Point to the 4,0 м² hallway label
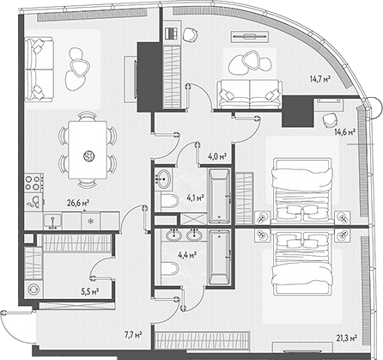point(217,157)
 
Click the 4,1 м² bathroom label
point(195,198)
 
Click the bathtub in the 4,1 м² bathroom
point(218,195)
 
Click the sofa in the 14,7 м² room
point(250,94)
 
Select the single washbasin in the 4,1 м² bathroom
point(165,180)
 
